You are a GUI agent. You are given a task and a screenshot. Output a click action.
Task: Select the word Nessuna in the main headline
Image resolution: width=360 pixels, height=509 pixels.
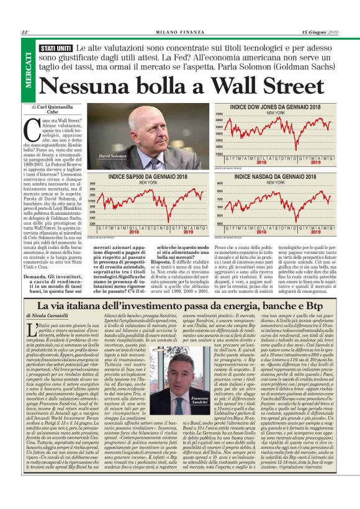pos(91,84)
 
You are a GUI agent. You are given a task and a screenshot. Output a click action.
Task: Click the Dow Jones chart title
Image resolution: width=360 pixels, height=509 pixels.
pos(276,108)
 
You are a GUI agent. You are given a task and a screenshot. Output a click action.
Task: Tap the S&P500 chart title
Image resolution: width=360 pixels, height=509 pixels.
pos(148,177)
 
